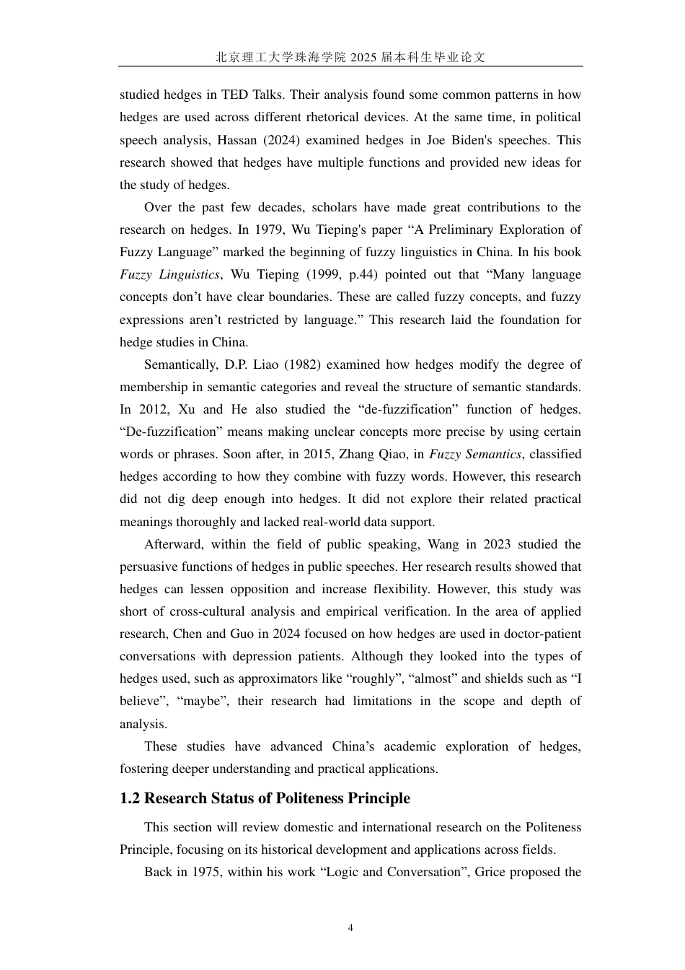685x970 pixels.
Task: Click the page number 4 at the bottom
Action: (350, 928)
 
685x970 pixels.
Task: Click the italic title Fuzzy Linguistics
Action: (169, 274)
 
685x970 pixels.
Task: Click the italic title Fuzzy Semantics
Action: (474, 454)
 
